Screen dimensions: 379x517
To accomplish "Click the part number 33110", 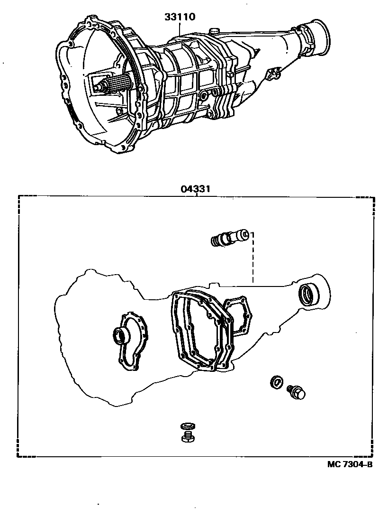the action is pyautogui.click(x=180, y=17).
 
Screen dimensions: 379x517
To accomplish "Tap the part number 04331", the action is pyautogui.click(x=195, y=188).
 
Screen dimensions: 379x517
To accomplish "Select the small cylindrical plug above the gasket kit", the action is pyautogui.click(x=230, y=237).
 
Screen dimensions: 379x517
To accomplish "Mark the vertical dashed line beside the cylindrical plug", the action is pyautogui.click(x=253, y=258).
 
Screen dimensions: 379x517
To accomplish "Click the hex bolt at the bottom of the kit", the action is pyautogui.click(x=187, y=436).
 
